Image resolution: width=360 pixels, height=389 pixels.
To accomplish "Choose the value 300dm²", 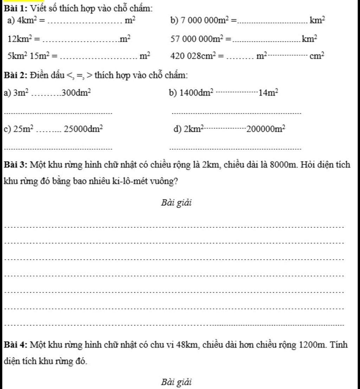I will click(77, 93).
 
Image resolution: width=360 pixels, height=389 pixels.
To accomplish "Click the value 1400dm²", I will click(197, 93).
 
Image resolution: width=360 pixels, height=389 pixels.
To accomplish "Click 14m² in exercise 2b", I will click(268, 93).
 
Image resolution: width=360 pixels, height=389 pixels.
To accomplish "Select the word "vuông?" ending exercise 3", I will click(165, 182).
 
